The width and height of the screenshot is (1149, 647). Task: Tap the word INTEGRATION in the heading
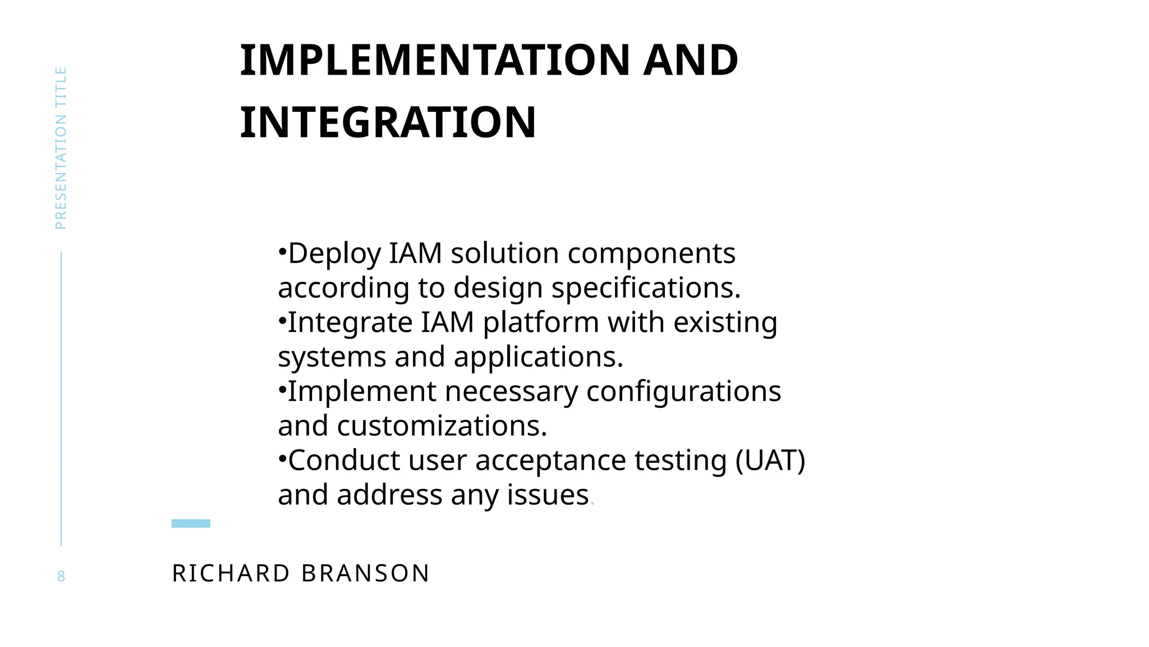(388, 122)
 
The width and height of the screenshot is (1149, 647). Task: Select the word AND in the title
(691, 60)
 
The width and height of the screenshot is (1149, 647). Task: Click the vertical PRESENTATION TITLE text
(61, 148)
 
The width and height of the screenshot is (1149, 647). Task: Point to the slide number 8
(61, 576)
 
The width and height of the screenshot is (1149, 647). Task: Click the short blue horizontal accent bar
(191, 523)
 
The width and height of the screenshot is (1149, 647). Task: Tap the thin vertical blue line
(61, 399)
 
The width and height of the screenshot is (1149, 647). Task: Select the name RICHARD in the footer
(231, 573)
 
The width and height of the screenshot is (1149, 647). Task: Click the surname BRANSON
(365, 573)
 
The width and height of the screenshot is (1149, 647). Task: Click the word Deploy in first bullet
(334, 254)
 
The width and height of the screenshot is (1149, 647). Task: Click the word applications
(538, 357)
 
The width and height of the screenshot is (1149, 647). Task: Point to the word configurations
(683, 391)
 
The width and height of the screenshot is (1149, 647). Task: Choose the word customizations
(442, 426)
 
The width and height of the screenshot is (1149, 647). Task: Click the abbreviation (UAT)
(770, 461)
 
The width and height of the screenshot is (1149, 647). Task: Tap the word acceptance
(550, 461)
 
